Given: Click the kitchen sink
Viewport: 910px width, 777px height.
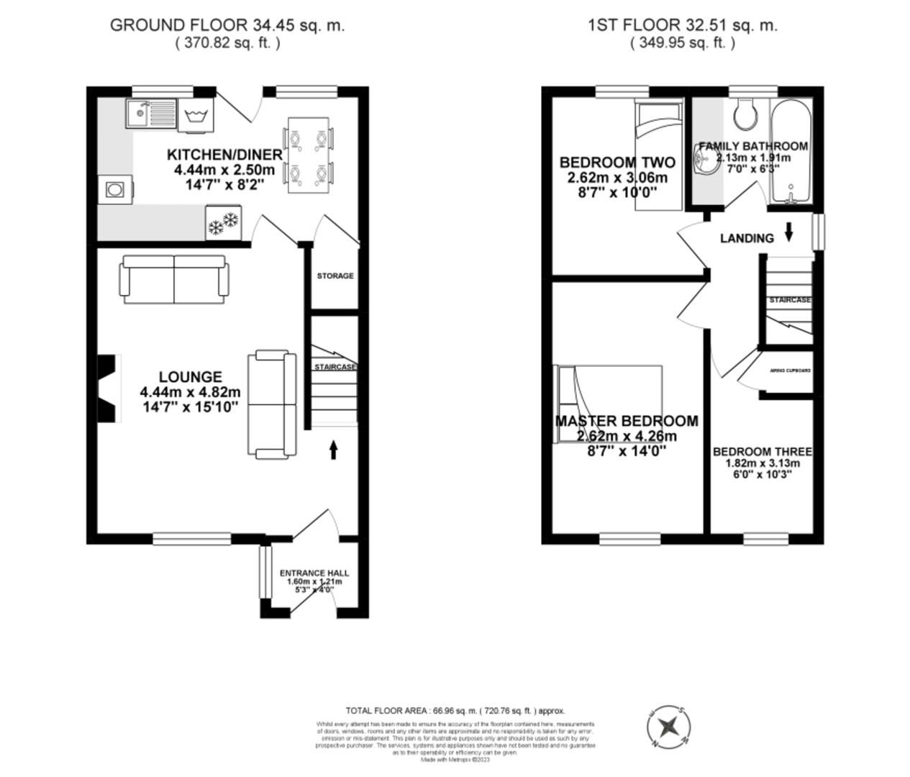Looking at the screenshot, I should pos(150,114).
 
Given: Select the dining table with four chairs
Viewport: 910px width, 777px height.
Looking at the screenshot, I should pos(309,154).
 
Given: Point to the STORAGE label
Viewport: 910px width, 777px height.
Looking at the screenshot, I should pos(335,276).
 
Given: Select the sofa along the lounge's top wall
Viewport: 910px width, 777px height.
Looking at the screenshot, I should pos(173,279).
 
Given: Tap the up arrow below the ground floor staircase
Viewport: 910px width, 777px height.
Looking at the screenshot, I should pos(334,450).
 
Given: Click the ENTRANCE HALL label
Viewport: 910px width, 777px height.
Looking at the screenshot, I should pos(314,573).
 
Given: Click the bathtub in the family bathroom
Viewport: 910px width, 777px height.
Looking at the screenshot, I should pos(790,153).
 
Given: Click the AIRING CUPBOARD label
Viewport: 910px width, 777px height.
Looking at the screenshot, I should pos(790,371).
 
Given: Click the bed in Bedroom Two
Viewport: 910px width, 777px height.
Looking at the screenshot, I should pos(658,155).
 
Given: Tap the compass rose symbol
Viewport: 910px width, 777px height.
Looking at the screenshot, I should pos(669,725).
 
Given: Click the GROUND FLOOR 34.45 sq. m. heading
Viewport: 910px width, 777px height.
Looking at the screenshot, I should pos(227,25).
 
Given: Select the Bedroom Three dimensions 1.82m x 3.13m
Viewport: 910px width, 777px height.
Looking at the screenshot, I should pos(762,463).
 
